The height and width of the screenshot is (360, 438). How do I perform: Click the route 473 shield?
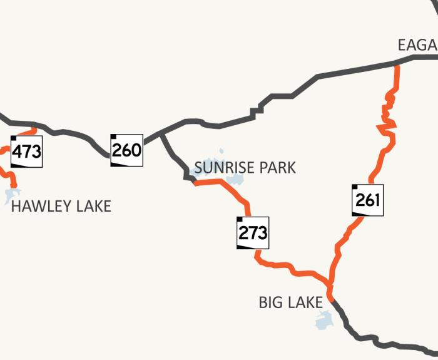tap(27, 152)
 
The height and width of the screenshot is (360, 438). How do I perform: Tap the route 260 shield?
tap(127, 150)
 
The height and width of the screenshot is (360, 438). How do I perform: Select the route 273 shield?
tap(253, 233)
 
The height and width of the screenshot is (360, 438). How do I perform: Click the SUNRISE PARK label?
tap(245, 168)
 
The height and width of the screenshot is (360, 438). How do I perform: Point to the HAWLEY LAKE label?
tap(61, 206)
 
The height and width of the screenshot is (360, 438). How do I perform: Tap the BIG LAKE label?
tap(290, 303)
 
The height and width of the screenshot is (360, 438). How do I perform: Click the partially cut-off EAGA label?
tap(417, 45)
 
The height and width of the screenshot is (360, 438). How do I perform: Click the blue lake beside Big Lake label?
tap(324, 321)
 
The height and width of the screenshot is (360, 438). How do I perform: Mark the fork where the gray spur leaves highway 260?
tap(161, 133)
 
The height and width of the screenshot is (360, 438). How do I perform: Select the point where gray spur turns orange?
tap(195, 182)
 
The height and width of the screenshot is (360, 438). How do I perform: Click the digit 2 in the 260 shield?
tap(118, 150)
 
